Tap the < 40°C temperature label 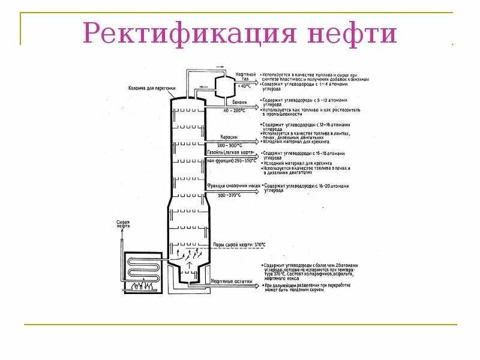(x=245, y=86)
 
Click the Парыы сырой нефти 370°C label (x=239, y=245)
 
